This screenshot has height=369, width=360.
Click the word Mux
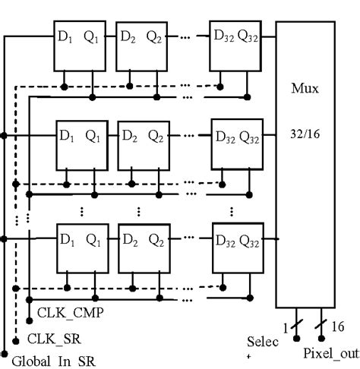coord(305,89)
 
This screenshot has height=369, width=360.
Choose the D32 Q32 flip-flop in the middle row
coord(236,143)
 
